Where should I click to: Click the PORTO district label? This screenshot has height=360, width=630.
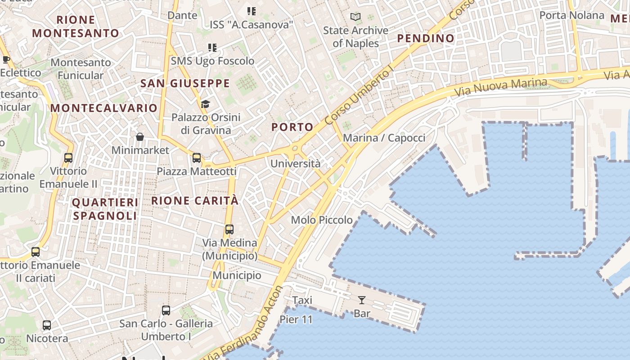pyautogui.click(x=292, y=127)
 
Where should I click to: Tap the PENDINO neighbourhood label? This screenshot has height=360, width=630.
pyautogui.click(x=426, y=39)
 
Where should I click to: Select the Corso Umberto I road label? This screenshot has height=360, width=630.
pyautogui.click(x=359, y=95)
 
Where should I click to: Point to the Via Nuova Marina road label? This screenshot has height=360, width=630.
pyautogui.click(x=501, y=87)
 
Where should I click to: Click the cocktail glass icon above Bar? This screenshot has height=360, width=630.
pyautogui.click(x=362, y=300)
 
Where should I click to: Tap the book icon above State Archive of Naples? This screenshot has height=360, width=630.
pyautogui.click(x=355, y=17)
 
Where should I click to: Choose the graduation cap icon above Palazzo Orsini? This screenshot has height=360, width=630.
pyautogui.click(x=205, y=104)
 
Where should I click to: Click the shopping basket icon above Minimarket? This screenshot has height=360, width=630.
pyautogui.click(x=140, y=137)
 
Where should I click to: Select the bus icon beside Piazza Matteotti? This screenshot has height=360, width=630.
pyautogui.click(x=197, y=158)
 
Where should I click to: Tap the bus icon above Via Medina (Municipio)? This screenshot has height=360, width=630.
pyautogui.click(x=229, y=229)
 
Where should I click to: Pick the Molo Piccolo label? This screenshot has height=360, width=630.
pyautogui.click(x=322, y=220)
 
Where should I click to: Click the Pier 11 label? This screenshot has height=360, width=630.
pyautogui.click(x=296, y=319)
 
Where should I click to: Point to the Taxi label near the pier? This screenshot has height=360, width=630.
pyautogui.click(x=302, y=300)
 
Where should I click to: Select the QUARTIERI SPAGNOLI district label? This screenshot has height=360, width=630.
pyautogui.click(x=105, y=209)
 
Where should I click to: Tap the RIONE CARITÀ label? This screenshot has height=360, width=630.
pyautogui.click(x=194, y=201)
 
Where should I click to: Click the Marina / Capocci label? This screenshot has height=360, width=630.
pyautogui.click(x=384, y=138)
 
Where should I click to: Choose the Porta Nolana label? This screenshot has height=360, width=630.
pyautogui.click(x=571, y=15)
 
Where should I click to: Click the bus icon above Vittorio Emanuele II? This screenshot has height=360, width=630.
pyautogui.click(x=68, y=158)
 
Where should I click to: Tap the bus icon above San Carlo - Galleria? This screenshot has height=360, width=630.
pyautogui.click(x=166, y=310)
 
